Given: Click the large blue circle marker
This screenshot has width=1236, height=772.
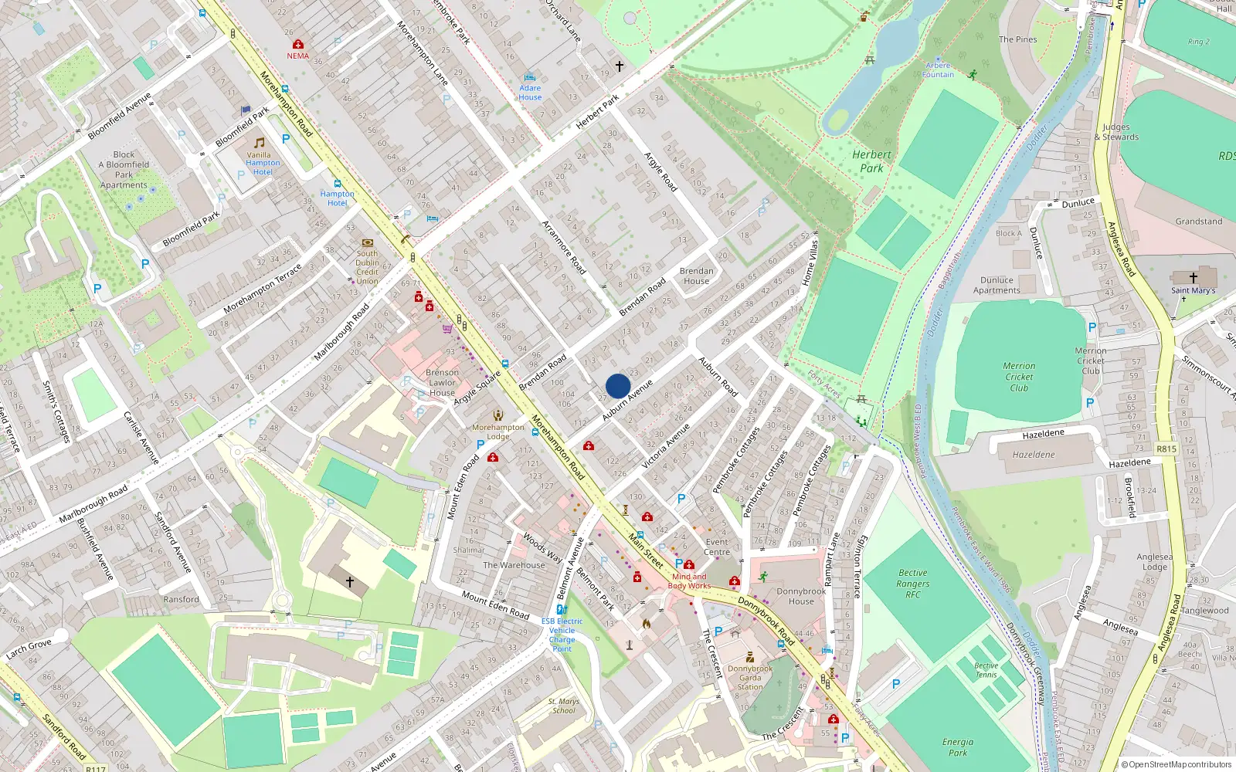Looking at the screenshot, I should [618, 386].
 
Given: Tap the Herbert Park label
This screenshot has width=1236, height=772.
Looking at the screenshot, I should [871, 161].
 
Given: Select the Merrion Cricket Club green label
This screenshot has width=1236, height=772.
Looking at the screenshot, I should [1019, 377].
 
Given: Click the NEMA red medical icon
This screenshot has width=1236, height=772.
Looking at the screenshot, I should [298, 45].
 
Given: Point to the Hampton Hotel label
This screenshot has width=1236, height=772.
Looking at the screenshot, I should [337, 198].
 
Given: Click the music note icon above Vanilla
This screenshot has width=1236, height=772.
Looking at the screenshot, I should [260, 143].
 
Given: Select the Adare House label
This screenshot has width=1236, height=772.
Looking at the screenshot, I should [530, 93].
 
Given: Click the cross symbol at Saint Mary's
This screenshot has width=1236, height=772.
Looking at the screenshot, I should [1194, 277].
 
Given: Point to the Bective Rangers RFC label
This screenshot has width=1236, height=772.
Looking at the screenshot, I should [913, 584].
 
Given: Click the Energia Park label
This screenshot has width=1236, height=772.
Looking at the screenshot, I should [958, 747].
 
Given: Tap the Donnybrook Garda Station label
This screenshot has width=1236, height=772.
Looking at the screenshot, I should [749, 677].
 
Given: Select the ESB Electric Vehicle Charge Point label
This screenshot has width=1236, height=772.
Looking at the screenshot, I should [562, 635].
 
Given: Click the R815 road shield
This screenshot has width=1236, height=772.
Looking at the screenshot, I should [1166, 449].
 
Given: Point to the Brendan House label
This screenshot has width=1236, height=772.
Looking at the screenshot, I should [696, 276].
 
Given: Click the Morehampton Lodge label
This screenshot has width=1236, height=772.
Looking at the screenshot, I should [498, 432].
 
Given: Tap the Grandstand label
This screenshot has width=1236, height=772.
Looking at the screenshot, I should [1198, 222].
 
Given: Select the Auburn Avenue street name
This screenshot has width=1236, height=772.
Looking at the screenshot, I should [627, 400].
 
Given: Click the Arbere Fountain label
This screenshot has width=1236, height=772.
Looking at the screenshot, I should [938, 70].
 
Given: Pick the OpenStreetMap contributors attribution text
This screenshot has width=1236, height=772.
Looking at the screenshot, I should [1176, 764].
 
